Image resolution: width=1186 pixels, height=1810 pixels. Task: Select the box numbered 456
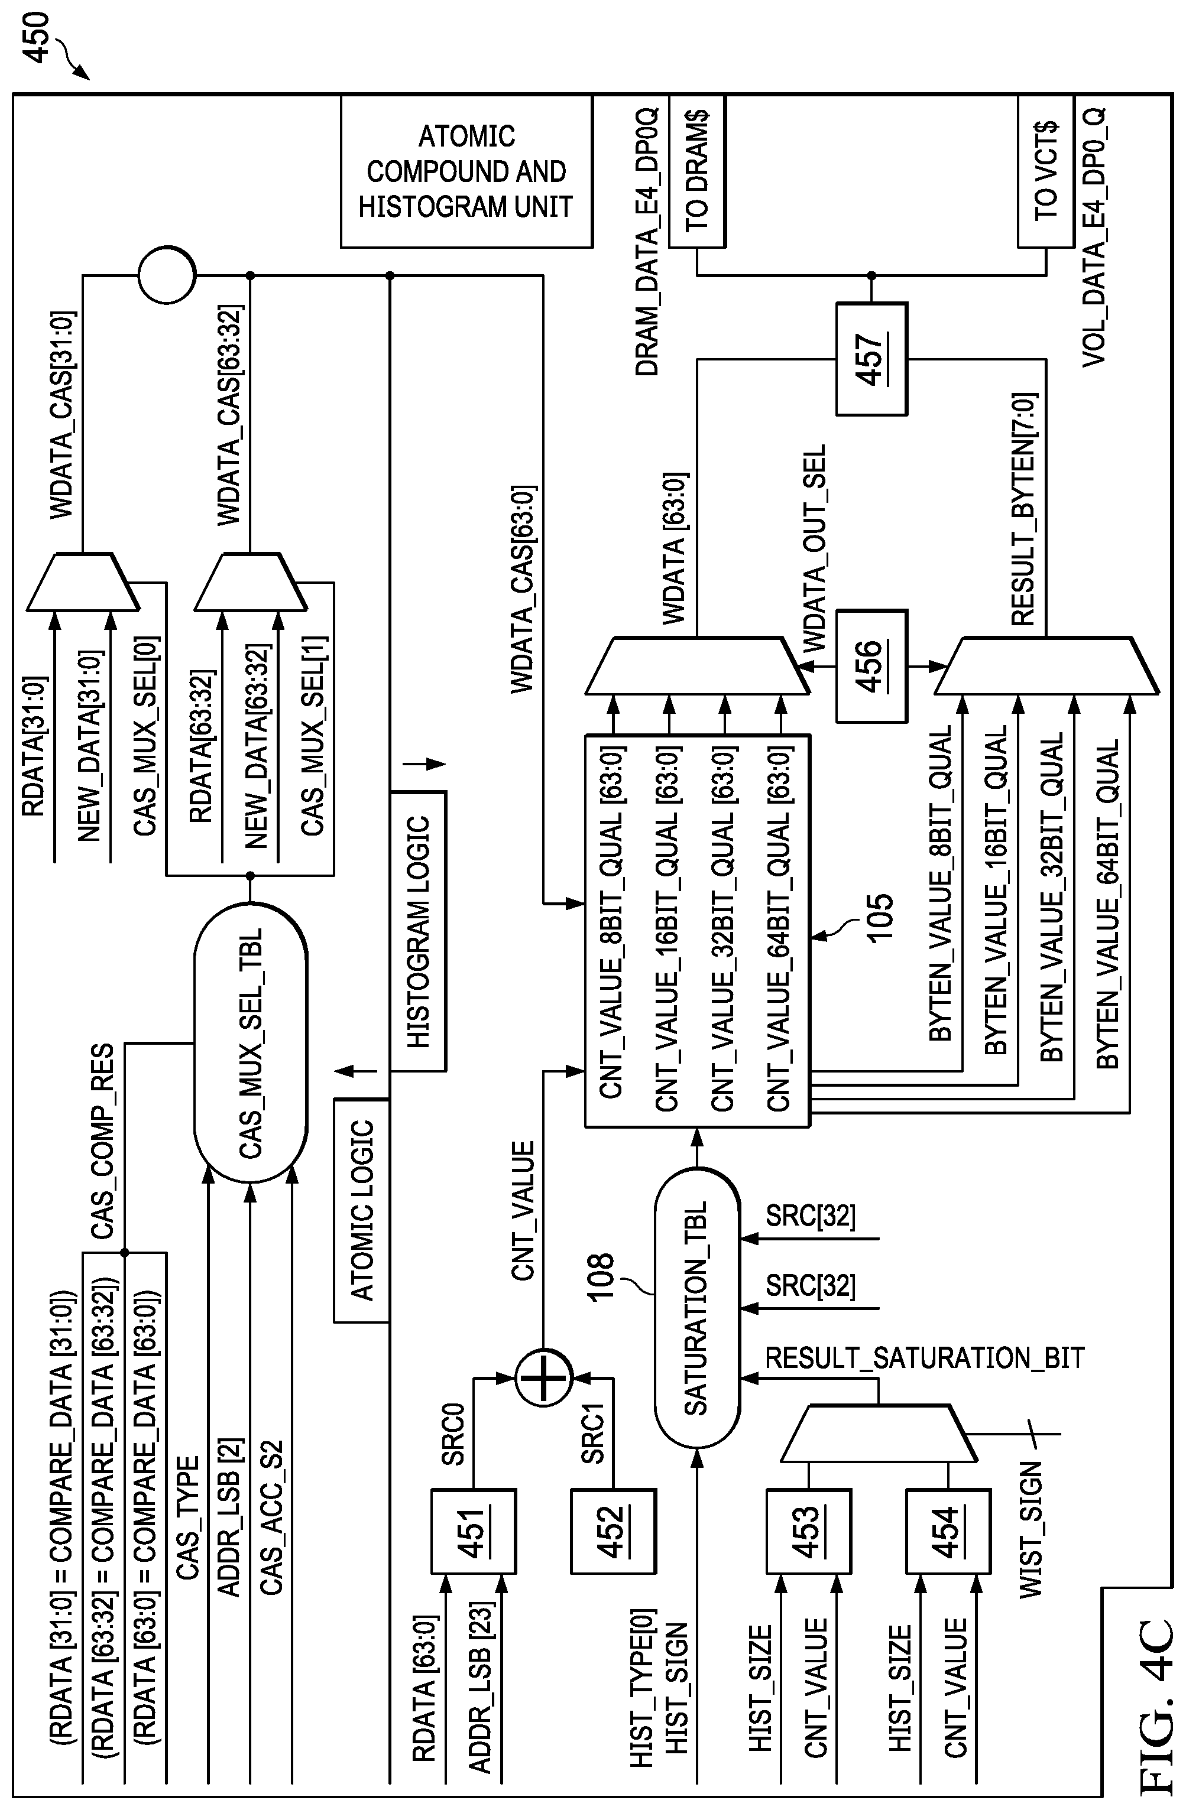coord(871,665)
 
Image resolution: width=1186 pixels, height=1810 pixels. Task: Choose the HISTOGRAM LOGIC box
coord(417,931)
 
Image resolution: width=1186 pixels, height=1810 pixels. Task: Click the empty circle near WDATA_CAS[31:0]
coord(167,275)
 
